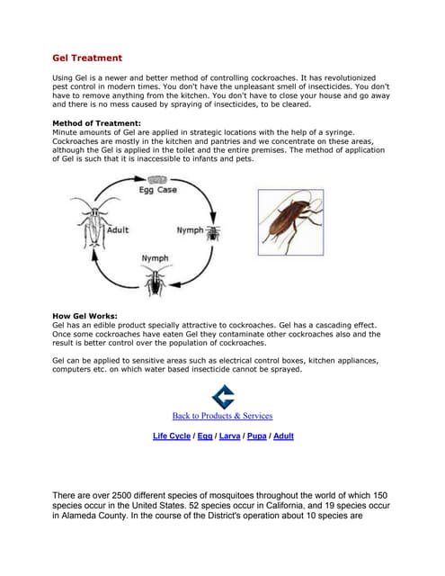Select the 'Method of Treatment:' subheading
tap(96, 122)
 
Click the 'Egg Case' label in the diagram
tap(157, 191)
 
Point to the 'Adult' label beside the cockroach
tap(118, 230)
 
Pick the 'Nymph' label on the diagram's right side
tap(190, 230)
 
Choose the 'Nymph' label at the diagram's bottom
tap(156, 259)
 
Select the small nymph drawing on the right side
tap(214, 232)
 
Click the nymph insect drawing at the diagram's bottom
tap(156, 282)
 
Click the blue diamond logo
tap(222, 397)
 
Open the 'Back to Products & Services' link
tap(222, 416)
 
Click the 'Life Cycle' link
tap(172, 436)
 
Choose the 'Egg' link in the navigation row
tap(205, 436)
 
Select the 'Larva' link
tap(229, 436)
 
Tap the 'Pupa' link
tap(256, 436)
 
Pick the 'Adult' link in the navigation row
tap(283, 436)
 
